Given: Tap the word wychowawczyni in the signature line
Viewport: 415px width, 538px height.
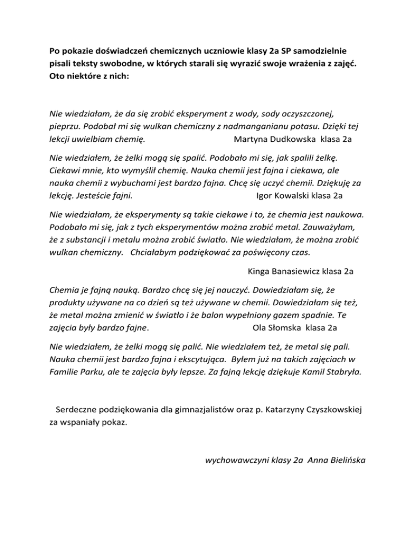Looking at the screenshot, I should tap(234, 460).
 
